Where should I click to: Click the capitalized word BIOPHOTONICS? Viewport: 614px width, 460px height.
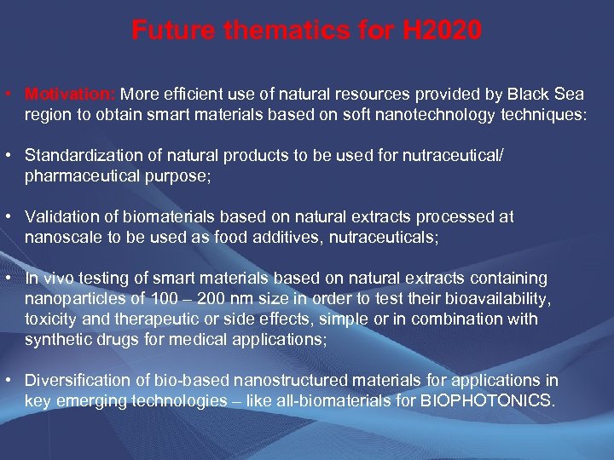488,401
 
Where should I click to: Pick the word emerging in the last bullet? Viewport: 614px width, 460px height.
90,401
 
